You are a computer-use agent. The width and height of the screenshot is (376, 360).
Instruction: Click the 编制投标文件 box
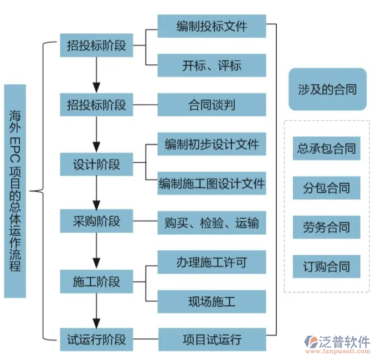click(212, 26)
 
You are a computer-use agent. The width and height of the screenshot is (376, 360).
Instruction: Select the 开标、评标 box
click(212, 65)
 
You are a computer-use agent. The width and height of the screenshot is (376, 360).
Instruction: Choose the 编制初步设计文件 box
click(212, 145)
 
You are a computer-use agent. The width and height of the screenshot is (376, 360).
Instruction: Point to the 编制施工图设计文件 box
click(212, 183)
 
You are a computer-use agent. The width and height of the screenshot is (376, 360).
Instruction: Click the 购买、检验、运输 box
click(212, 223)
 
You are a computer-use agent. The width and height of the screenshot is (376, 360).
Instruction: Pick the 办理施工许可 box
click(212, 262)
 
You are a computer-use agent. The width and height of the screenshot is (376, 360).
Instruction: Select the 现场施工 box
click(212, 301)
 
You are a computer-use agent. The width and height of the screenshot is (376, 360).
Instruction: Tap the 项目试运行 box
click(212, 340)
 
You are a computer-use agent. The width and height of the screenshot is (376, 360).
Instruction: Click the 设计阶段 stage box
click(96, 164)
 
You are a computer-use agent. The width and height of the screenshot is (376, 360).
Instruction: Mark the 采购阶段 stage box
click(96, 222)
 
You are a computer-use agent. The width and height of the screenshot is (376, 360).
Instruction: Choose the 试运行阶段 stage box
click(96, 339)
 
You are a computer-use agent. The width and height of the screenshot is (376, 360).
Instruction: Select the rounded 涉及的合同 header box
click(327, 89)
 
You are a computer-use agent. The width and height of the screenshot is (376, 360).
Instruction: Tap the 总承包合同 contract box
click(327, 148)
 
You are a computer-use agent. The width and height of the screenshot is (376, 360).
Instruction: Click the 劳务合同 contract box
click(327, 227)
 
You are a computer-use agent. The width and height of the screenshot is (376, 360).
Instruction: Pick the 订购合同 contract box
click(327, 266)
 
